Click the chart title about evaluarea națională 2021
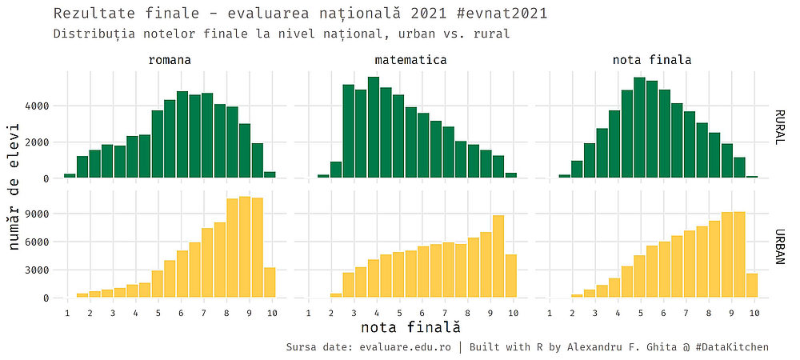click(300, 14)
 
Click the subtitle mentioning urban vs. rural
click(282, 34)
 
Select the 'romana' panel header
click(170, 60)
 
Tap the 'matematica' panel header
click(410, 60)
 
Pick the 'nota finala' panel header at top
click(652, 60)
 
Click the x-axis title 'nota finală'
click(410, 327)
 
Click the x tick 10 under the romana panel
click(272, 313)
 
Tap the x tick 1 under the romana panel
click(67, 313)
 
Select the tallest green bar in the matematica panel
click(374, 128)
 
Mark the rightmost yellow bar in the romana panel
click(270, 282)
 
